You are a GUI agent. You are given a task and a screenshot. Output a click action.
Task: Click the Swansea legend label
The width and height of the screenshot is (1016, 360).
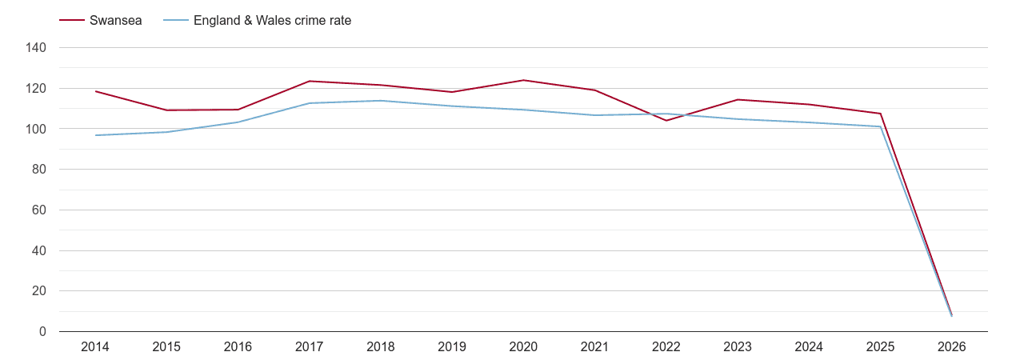(x=115, y=21)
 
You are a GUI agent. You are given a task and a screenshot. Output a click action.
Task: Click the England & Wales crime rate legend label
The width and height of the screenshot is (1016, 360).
(x=272, y=21)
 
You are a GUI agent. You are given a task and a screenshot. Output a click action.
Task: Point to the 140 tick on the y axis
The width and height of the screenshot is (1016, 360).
(x=37, y=48)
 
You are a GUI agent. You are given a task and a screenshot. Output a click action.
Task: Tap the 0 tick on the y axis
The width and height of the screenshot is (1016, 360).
(x=42, y=332)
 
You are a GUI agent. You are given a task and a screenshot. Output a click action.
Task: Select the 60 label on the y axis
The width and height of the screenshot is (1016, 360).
(x=39, y=210)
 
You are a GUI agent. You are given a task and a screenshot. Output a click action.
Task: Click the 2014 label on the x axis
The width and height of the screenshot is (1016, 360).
(x=95, y=347)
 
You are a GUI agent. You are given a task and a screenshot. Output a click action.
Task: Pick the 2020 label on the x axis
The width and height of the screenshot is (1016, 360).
(x=523, y=347)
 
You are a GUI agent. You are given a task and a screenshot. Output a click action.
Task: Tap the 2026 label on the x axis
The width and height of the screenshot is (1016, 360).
(x=951, y=347)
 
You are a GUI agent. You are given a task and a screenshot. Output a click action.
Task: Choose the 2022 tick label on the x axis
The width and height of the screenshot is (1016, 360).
(x=666, y=347)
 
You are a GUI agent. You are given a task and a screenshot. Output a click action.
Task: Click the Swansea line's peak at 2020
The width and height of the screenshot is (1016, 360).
(x=523, y=80)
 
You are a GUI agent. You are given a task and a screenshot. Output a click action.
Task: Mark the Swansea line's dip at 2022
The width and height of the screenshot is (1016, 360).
(x=666, y=120)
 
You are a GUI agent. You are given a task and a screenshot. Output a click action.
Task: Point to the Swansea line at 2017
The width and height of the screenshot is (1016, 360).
(x=310, y=81)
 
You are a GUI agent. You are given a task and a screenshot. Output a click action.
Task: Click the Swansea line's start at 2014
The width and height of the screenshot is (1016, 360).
(x=95, y=91)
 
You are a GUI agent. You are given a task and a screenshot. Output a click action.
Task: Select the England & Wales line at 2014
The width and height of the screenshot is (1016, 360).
(x=95, y=135)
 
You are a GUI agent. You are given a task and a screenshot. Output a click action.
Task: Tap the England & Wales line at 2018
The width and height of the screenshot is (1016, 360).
(x=381, y=101)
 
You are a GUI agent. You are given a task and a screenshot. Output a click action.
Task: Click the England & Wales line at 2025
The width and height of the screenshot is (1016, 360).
(x=880, y=126)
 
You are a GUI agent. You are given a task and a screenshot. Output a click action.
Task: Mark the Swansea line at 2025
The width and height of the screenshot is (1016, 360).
(x=880, y=114)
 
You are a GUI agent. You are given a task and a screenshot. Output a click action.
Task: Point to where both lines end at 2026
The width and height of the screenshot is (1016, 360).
(x=951, y=315)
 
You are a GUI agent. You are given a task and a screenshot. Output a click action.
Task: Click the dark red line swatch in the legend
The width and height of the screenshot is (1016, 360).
(x=72, y=21)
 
